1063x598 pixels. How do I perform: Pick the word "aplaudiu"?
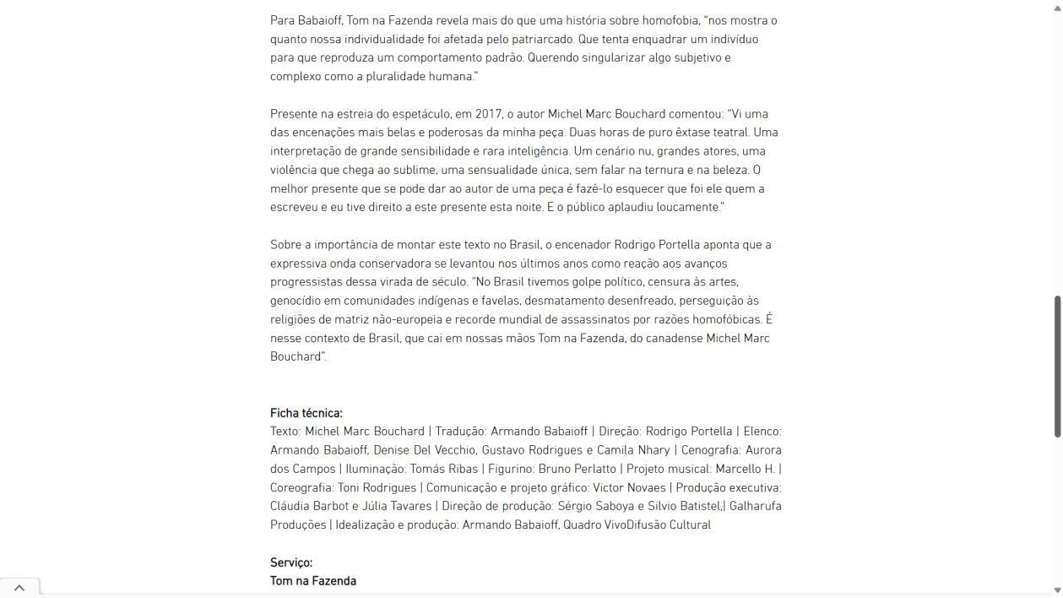point(631,207)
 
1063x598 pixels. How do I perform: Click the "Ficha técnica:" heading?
point(306,413)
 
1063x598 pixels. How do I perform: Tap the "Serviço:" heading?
point(291,563)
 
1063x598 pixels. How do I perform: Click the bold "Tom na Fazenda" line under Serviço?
point(313,581)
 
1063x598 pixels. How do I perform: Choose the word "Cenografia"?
point(710,450)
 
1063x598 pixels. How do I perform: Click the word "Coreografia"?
point(301,487)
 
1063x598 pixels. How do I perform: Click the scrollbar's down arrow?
point(1057,590)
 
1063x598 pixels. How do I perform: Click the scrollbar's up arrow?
point(1057,7)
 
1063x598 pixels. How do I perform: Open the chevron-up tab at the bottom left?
point(19,588)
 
